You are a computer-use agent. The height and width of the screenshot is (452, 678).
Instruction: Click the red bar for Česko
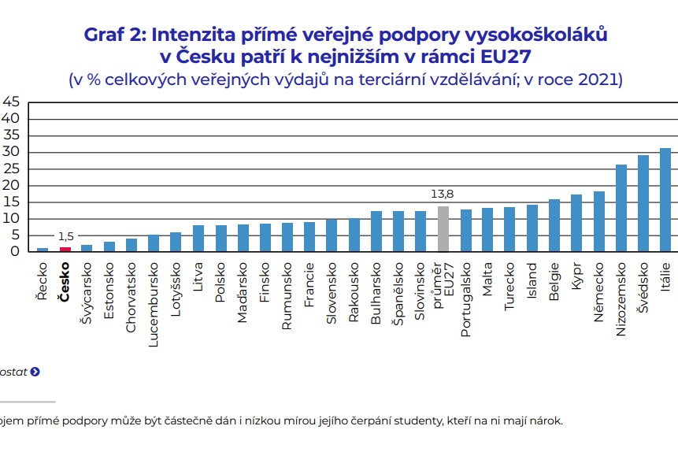tap(65, 249)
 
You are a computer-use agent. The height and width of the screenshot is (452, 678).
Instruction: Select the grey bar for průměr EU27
tap(443, 229)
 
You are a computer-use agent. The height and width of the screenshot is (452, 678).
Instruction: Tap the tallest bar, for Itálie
tap(665, 200)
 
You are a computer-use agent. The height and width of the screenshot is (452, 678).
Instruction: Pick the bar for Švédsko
tap(643, 203)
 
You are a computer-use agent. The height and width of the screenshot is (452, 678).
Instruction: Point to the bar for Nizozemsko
tap(621, 208)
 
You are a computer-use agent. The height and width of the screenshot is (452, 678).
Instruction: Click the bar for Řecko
tap(43, 250)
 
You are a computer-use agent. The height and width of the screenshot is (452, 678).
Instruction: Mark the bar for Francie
tap(309, 237)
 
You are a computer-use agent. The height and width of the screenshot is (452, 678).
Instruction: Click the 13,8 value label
tap(443, 194)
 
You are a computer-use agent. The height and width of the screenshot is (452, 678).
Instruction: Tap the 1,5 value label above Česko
tap(65, 236)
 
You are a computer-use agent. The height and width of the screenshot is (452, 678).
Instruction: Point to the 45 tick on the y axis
tap(11, 102)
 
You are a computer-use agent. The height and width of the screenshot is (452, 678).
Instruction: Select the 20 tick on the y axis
tap(11, 185)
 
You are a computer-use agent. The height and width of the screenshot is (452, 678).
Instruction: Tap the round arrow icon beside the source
tap(35, 372)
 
